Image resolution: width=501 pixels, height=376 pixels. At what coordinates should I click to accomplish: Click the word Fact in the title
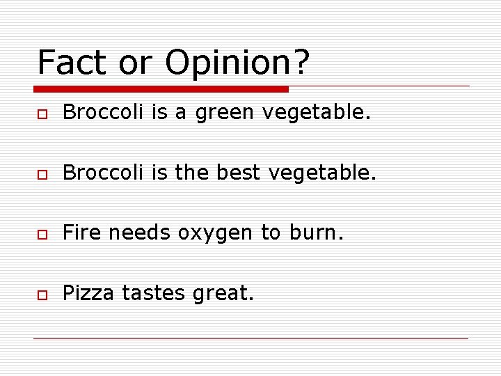coord(72,62)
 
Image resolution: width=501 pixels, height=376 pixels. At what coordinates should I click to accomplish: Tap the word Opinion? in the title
coord(237,63)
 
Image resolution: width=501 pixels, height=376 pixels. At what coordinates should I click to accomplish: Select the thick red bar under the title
coord(161,89)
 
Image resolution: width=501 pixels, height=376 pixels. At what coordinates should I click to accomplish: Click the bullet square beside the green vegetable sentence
coord(42,113)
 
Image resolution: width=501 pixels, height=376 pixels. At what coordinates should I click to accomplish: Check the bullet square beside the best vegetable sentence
coord(42,173)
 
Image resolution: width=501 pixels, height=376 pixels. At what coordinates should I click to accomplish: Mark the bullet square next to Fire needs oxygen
coord(42,234)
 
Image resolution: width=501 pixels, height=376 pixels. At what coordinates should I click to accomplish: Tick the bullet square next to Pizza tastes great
coord(42,295)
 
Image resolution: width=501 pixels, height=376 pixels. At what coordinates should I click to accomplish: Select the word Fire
coord(82,233)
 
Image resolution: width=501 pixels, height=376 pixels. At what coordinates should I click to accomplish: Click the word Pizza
coord(88,294)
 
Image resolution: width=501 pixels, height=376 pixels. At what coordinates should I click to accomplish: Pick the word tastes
coord(152,294)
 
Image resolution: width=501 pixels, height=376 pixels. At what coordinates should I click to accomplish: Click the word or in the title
coord(135,63)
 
